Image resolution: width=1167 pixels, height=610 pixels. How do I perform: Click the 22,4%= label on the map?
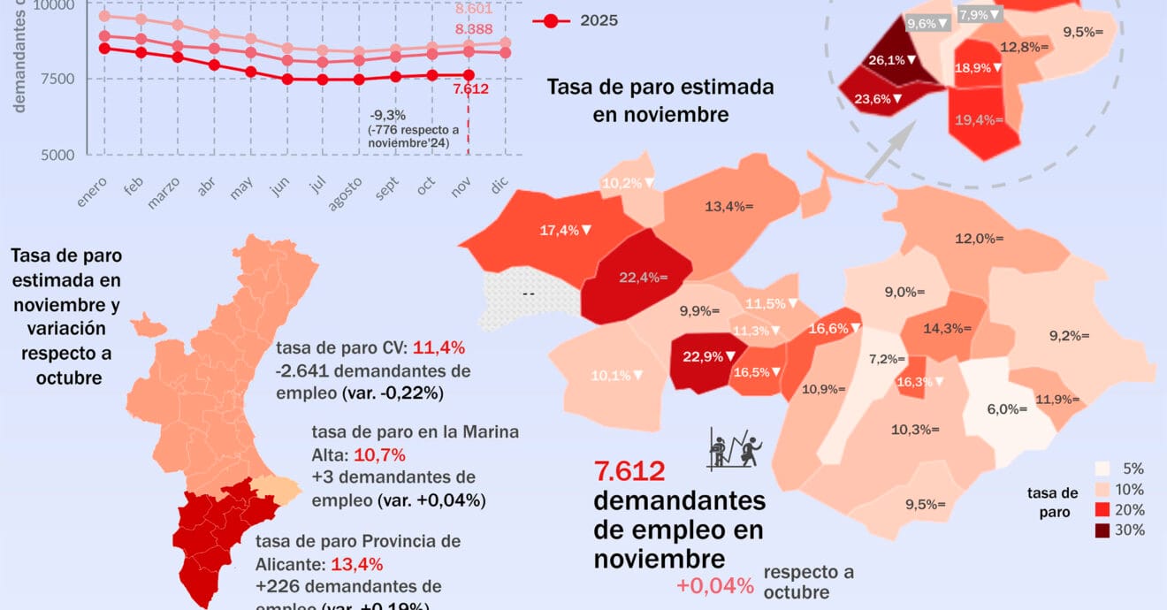[x=643, y=277]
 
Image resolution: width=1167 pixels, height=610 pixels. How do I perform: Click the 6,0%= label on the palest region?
[x=1007, y=409]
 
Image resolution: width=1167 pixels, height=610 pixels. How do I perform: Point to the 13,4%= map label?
[x=728, y=207]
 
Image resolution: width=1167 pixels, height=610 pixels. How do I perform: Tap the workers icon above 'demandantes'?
[x=736, y=448]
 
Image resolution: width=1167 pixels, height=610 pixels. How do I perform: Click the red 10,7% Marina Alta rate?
[x=379, y=455]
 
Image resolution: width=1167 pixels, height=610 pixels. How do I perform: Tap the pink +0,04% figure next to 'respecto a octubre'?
[x=715, y=585]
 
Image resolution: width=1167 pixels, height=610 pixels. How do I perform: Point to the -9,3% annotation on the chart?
[x=389, y=115]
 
